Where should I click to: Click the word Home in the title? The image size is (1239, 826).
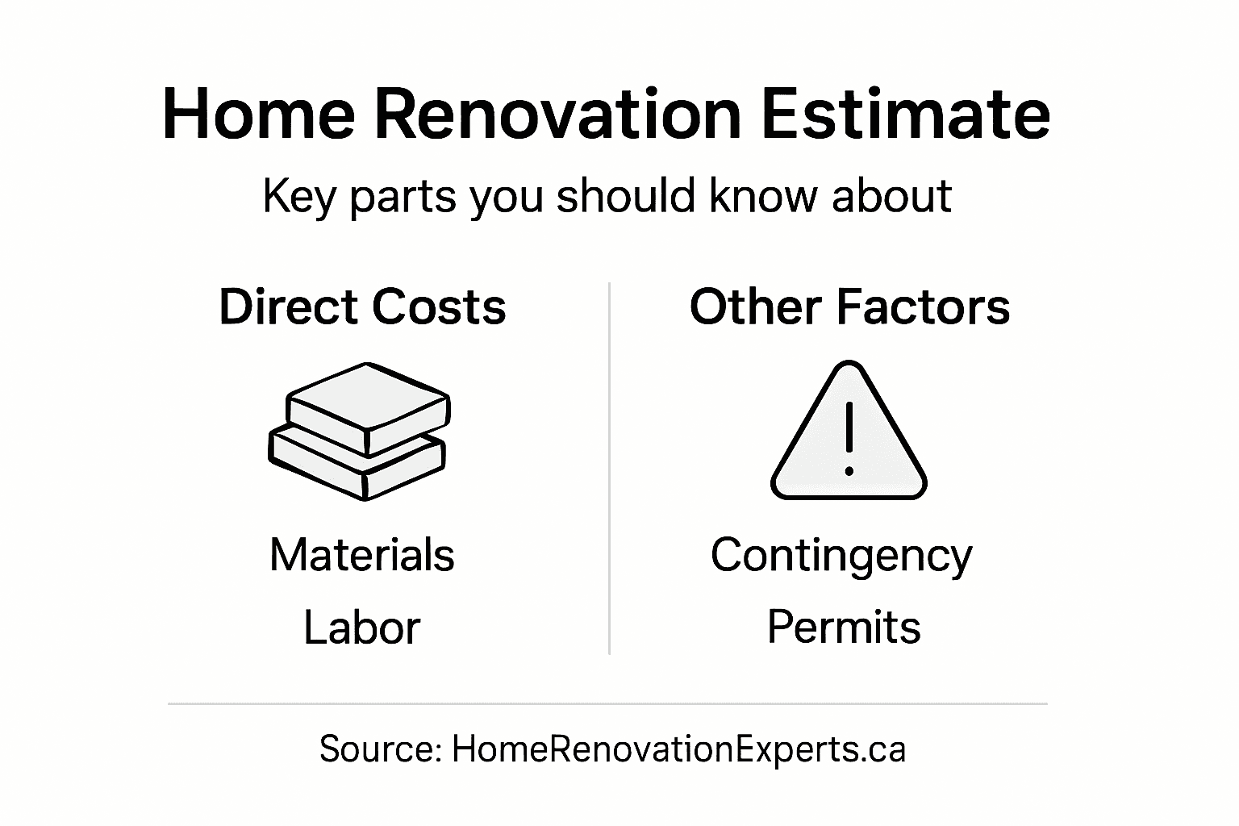[x=258, y=114]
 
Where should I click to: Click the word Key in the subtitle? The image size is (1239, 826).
[x=298, y=196]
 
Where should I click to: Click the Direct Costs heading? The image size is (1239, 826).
[x=362, y=307]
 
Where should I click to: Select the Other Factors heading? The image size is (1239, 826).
[x=849, y=307]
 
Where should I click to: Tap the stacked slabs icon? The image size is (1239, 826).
[x=359, y=432]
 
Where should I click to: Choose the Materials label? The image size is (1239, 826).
[x=362, y=555]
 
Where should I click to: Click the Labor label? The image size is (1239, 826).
[x=362, y=628]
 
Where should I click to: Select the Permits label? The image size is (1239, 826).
[x=844, y=628]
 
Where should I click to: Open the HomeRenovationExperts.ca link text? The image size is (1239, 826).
[x=678, y=749]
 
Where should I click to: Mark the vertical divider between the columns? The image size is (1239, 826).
[x=609, y=468]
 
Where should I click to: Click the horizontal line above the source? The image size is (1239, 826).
[x=607, y=703]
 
